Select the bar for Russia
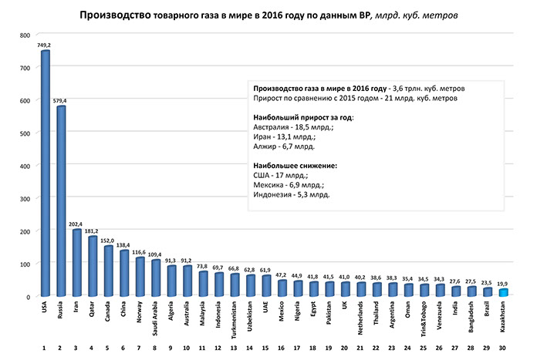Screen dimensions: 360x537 pos(61,200)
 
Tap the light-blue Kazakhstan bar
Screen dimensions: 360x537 pos(503,292)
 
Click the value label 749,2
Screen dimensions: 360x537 pos(45,45)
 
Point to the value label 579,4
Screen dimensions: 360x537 pos(61,100)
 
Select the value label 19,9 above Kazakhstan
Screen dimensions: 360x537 pos(503,283)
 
